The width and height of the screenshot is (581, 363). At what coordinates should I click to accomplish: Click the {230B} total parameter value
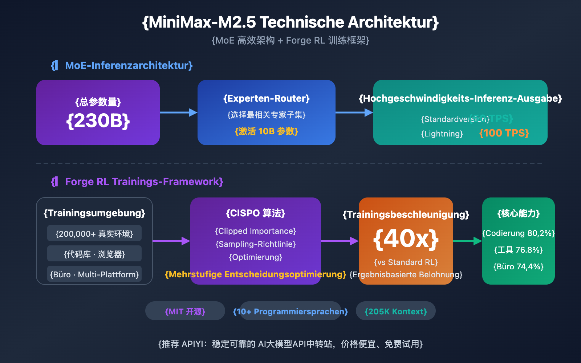(98, 121)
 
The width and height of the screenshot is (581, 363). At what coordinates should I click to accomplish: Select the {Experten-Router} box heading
(266, 98)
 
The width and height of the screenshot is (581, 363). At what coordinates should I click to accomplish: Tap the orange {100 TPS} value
(504, 133)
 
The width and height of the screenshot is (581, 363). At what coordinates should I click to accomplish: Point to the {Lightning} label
(442, 134)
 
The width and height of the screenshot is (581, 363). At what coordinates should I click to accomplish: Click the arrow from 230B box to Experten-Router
(178, 113)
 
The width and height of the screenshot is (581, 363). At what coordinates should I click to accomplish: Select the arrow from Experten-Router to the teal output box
(354, 113)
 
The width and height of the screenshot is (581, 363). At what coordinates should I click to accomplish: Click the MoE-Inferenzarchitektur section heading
(129, 65)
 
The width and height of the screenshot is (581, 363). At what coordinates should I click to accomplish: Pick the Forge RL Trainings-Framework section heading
(144, 181)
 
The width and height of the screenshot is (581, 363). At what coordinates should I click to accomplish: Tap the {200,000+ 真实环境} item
(94, 234)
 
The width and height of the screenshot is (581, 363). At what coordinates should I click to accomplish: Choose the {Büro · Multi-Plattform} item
(94, 274)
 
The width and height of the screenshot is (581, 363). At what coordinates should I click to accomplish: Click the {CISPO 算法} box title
(256, 213)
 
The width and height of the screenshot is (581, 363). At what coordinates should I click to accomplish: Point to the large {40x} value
(406, 238)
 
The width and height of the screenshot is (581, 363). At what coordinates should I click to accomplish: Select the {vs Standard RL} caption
(406, 262)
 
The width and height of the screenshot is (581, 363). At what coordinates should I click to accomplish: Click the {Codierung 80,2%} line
(519, 233)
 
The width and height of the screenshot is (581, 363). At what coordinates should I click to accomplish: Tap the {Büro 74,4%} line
(519, 266)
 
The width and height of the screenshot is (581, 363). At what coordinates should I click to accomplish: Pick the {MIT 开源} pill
(185, 311)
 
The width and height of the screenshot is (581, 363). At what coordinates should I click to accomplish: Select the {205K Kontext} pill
(396, 311)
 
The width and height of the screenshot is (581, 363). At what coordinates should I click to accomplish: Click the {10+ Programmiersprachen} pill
(290, 311)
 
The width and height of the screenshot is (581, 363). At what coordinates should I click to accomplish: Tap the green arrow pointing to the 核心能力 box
(467, 241)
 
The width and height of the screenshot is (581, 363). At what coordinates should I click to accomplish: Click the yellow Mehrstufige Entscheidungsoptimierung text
(256, 274)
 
